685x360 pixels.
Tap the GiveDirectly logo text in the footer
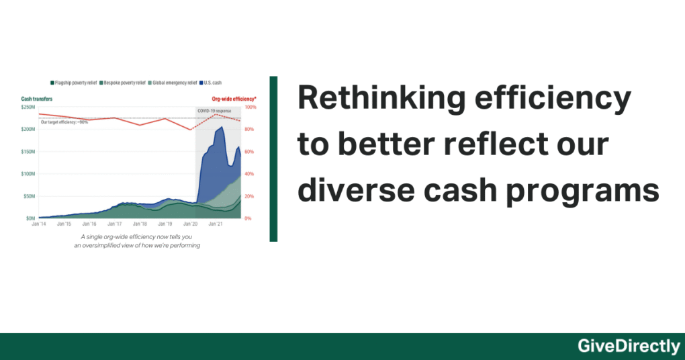pyautogui.click(x=629, y=346)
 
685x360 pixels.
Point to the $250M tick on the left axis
pyautogui.click(x=29, y=107)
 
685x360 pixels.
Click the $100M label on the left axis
pyautogui.click(x=29, y=174)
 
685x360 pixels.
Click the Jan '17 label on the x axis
pyautogui.click(x=114, y=224)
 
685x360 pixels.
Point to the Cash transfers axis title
pyautogui.click(x=37, y=99)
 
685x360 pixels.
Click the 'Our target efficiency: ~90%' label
pyautogui.click(x=64, y=122)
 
